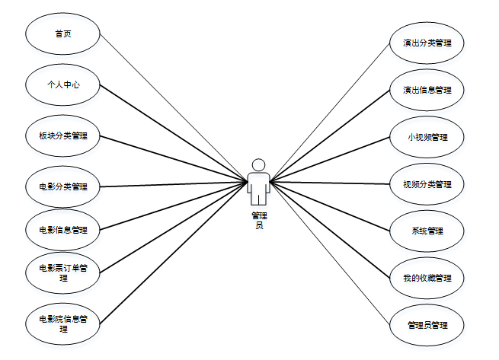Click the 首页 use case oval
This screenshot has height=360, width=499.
[x=63, y=35]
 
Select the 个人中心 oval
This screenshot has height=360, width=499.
[x=63, y=86]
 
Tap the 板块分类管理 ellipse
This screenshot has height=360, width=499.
[x=63, y=137]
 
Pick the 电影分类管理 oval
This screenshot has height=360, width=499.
[x=63, y=186]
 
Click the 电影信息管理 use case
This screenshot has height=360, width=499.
[x=63, y=229]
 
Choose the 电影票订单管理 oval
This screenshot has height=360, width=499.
[x=63, y=272]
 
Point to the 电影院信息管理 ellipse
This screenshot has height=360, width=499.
[x=63, y=323]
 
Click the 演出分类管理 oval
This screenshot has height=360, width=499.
[x=427, y=43]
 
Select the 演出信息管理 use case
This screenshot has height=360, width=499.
[x=427, y=90]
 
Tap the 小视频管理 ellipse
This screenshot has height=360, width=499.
[x=427, y=137]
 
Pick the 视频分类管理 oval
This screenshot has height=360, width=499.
[x=427, y=184]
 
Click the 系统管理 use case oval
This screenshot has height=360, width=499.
[x=427, y=231]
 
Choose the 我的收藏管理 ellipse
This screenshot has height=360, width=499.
[x=427, y=278]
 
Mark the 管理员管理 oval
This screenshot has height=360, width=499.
[x=427, y=325]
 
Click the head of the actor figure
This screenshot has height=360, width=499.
[x=259, y=164]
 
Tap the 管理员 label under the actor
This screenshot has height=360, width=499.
[x=259, y=221]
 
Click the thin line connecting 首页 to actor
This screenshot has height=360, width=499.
[x=175, y=106]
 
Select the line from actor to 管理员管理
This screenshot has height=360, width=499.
[x=335, y=259]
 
